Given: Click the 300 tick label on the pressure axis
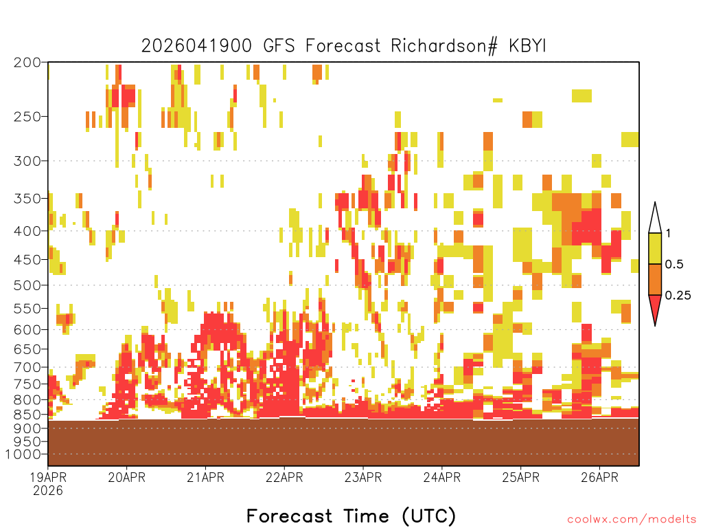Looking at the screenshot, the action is (x=27, y=161).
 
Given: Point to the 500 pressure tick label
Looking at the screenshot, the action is (x=27, y=285).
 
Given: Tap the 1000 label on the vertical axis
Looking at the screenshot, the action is (x=23, y=454).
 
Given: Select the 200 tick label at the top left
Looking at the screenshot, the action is (x=27, y=63).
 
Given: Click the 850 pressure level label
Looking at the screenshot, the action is (x=27, y=415).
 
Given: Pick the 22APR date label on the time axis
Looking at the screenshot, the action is (x=284, y=477).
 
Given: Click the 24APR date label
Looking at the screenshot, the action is (x=442, y=477).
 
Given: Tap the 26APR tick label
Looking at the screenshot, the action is (x=599, y=477).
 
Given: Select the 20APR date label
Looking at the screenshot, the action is (x=127, y=477).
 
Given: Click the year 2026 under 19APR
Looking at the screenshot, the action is (x=48, y=491).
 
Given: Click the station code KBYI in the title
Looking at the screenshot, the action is (x=527, y=46).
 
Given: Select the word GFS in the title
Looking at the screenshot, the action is (x=279, y=46).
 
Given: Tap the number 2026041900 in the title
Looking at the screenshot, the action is (x=196, y=46).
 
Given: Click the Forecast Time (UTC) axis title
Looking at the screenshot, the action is (x=351, y=516).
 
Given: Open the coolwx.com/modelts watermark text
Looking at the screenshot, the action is (x=632, y=520).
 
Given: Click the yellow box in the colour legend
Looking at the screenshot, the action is (x=655, y=248).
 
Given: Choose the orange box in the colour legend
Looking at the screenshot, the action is (x=655, y=279).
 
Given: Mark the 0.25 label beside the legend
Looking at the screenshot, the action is (x=678, y=296).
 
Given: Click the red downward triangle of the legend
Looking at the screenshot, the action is (x=655, y=307).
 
